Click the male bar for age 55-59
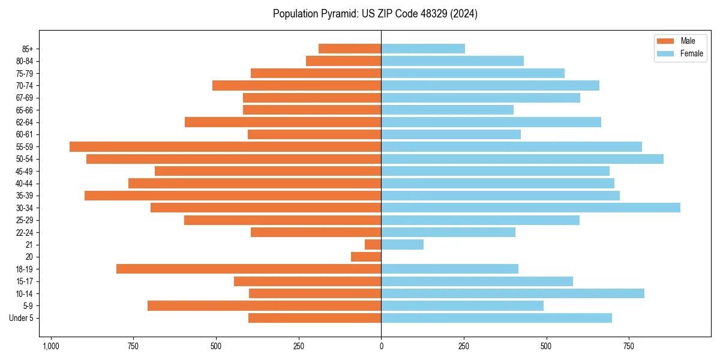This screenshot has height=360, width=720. click(225, 146)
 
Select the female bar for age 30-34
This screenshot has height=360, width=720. click(530, 208)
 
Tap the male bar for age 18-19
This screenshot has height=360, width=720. click(248, 269)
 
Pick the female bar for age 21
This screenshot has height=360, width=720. click(402, 244)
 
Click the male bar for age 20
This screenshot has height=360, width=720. click(366, 257)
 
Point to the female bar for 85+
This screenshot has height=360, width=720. click(423, 49)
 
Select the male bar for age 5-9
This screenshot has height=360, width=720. click(264, 305)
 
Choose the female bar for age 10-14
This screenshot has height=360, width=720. click(512, 293)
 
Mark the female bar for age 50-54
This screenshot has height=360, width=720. click(522, 159)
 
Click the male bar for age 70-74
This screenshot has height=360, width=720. click(296, 85)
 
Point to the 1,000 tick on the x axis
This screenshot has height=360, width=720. click(51, 346)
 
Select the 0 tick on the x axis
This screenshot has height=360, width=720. click(381, 346)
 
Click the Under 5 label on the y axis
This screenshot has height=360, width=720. click(21, 318)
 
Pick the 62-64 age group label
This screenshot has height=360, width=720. click(25, 122)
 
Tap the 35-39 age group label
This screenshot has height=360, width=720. click(25, 196)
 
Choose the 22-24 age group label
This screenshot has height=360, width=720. click(25, 232)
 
